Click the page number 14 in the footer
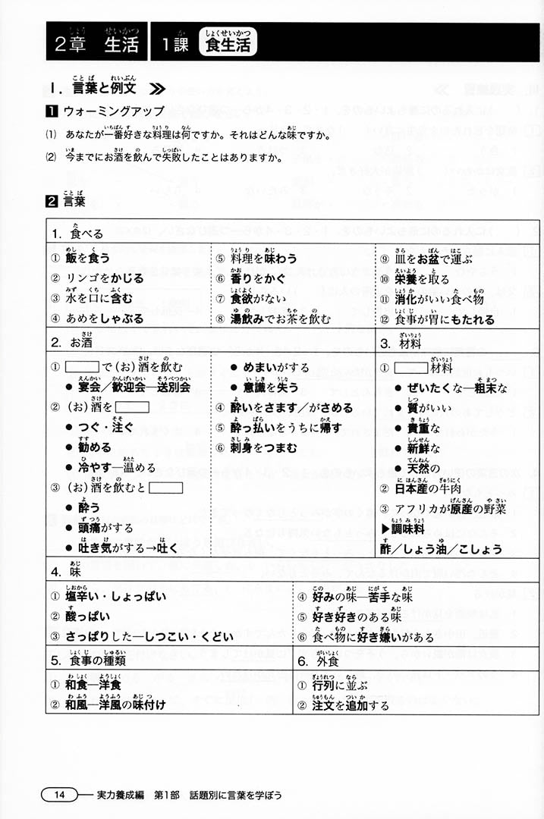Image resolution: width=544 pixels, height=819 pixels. pyautogui.click(x=59, y=795)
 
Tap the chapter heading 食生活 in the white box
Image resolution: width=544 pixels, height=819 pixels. pyautogui.click(x=228, y=43)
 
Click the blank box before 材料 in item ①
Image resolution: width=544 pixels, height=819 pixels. pyautogui.click(x=412, y=368)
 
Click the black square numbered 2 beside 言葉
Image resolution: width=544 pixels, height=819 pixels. pyautogui.click(x=52, y=202)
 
